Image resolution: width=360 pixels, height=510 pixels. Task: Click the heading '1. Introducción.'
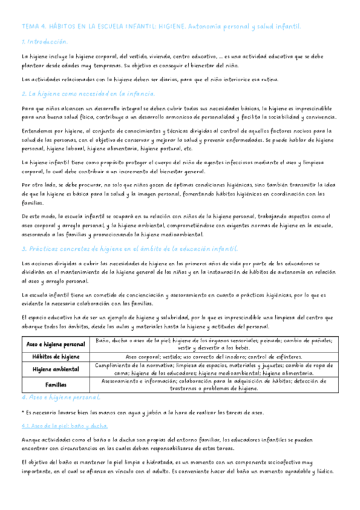(x=44, y=42)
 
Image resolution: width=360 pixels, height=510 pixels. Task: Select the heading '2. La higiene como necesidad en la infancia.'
(x=88, y=94)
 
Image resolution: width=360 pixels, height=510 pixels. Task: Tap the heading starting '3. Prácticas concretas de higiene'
(x=130, y=248)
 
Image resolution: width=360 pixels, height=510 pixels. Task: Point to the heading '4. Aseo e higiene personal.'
(x=61, y=398)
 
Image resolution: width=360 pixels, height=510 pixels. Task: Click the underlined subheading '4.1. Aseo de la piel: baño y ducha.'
(x=64, y=425)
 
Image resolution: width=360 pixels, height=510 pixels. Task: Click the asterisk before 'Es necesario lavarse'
(x=22, y=412)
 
